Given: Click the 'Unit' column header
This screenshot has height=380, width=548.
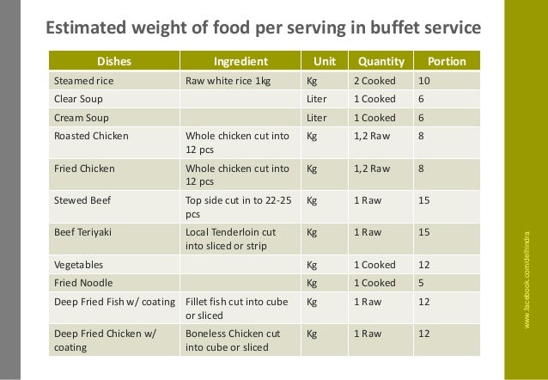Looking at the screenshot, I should pyautogui.click(x=324, y=62).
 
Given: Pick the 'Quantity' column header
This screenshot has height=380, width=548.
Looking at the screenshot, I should pyautogui.click(x=381, y=62).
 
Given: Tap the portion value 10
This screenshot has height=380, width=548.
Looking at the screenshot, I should pyautogui.click(x=422, y=83).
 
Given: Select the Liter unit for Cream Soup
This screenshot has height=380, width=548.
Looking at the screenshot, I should pyautogui.click(x=317, y=117).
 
